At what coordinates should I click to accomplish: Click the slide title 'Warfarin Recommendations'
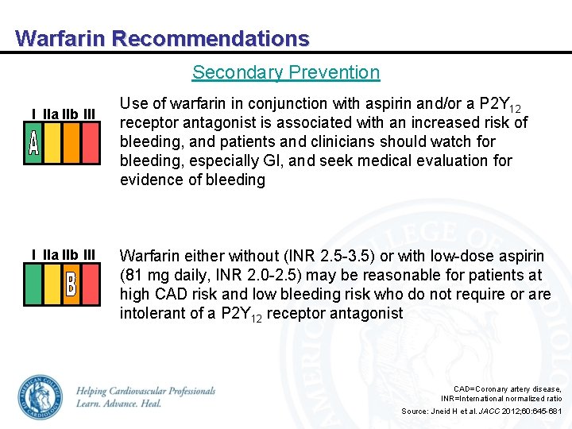click(162, 38)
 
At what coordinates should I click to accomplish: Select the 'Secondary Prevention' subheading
click(286, 72)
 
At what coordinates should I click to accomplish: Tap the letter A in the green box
click(33, 143)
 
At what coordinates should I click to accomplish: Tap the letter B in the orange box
click(71, 284)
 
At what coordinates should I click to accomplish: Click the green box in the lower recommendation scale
click(33, 284)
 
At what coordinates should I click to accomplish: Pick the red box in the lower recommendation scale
click(91, 284)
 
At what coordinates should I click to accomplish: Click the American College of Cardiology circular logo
click(40, 396)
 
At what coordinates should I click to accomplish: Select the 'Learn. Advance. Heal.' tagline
click(119, 404)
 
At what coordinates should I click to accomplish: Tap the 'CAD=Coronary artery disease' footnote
click(507, 388)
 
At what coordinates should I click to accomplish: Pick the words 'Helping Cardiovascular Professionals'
click(145, 391)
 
